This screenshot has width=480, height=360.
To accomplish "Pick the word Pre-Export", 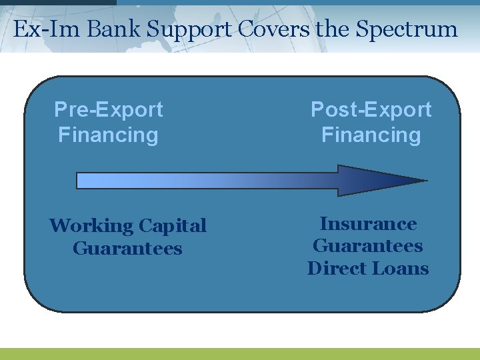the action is [x=108, y=109].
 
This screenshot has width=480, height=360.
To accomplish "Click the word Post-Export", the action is [x=371, y=109].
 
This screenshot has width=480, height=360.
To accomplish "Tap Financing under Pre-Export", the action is [x=108, y=135].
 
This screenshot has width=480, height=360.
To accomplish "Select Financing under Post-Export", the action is [x=371, y=135].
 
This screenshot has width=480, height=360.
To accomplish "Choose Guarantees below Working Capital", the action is [x=127, y=249].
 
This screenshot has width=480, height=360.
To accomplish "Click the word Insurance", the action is [x=368, y=224].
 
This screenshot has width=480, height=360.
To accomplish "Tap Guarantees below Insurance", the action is [x=368, y=246].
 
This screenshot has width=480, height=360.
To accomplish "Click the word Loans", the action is [x=403, y=268].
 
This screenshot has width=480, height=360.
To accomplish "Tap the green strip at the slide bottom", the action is [x=240, y=354].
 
